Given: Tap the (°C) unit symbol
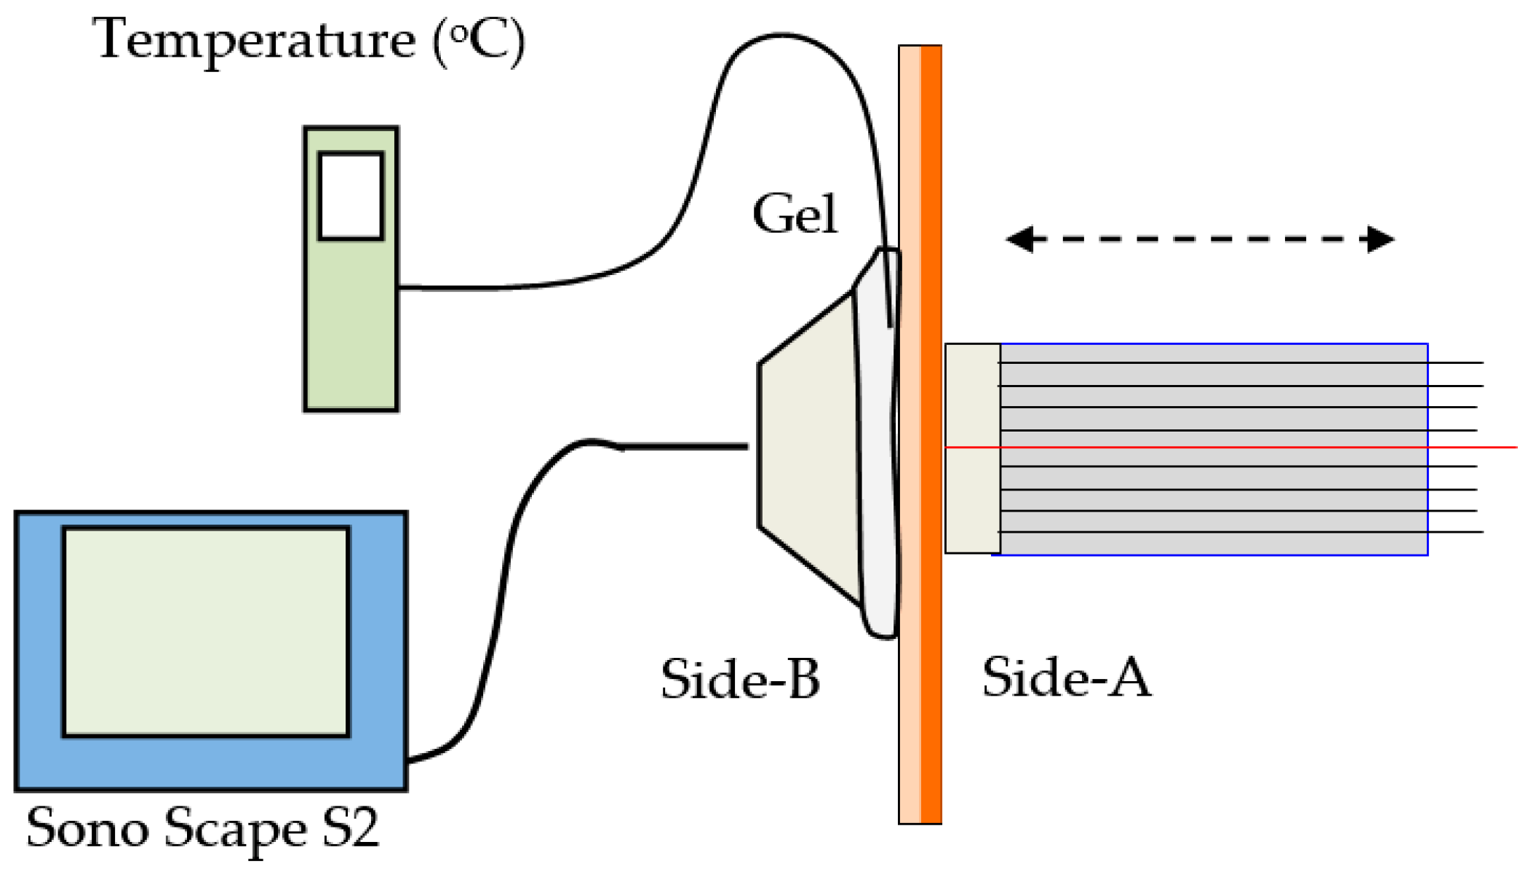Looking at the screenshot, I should point(478,42).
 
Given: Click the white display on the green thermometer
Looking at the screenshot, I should point(351,196).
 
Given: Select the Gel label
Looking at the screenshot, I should point(795,215).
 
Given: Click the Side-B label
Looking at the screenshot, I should point(740,680).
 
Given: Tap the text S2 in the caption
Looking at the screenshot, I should point(351,827).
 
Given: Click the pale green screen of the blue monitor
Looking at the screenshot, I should point(206,632).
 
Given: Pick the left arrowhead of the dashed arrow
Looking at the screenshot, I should point(1020,239).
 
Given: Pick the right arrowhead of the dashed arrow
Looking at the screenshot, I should point(1380,239).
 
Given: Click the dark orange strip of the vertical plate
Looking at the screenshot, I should point(931,437).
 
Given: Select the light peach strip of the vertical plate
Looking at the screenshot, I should point(910,437).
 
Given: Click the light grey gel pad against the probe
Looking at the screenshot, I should point(877,451).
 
